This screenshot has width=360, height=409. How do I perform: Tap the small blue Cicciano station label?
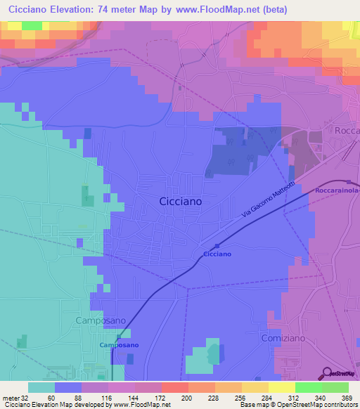pyautogui.click(x=217, y=253)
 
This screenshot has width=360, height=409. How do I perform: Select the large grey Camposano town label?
pyautogui.click(x=101, y=320)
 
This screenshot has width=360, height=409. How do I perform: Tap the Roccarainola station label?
pyautogui.click(x=337, y=190)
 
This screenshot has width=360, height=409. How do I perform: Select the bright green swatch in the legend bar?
pyautogui.click(x=309, y=387)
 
